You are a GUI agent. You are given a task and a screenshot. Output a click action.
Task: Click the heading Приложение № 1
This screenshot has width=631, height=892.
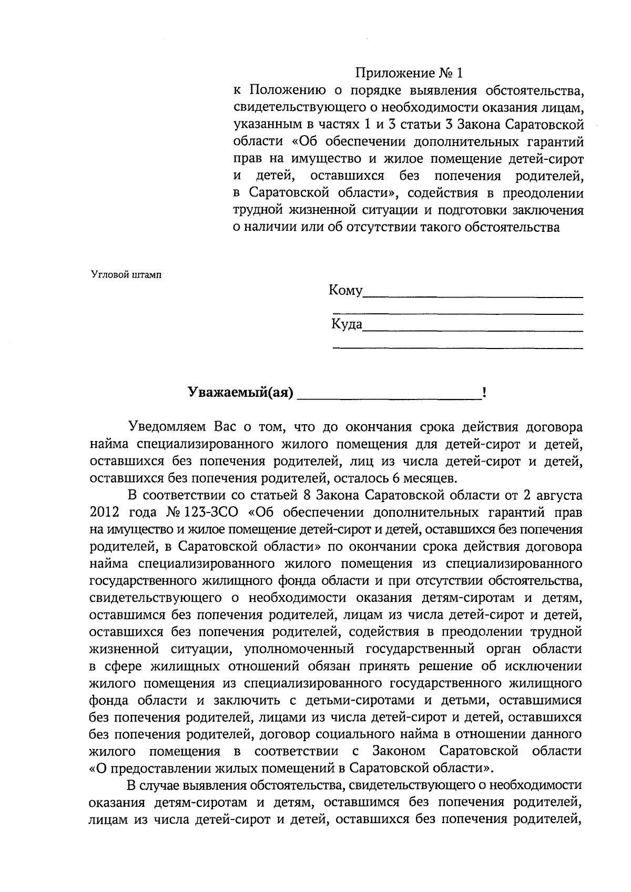point(410,73)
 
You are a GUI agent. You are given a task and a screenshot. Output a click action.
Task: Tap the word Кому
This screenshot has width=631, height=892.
point(345,290)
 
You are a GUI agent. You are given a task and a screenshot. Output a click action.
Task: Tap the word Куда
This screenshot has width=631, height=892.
point(347,324)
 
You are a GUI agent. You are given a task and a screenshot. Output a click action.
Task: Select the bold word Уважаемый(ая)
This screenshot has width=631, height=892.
point(240,393)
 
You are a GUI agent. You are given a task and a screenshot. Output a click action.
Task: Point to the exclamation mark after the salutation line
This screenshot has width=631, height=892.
point(483,393)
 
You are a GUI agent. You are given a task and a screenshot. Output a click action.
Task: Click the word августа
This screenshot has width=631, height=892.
point(558,495)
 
